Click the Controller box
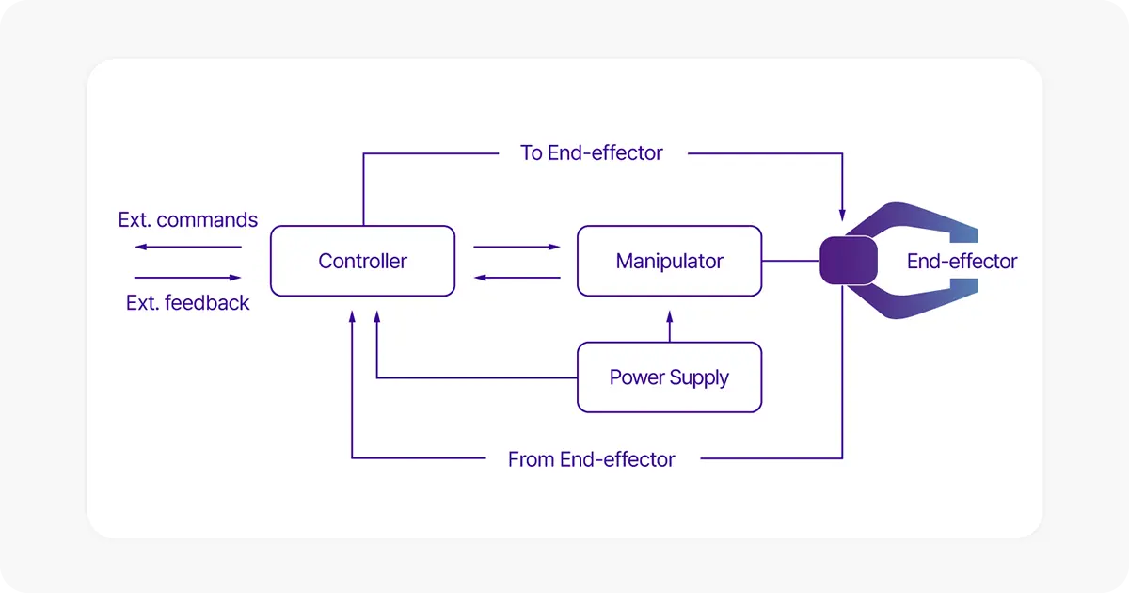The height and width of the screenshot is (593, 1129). click(362, 261)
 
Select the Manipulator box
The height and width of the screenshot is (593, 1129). click(669, 261)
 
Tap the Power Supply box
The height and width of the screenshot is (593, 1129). click(669, 377)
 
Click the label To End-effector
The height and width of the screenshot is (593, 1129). click(591, 152)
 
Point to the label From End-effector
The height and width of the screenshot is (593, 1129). click(591, 459)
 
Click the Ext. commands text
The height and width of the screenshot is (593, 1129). click(187, 220)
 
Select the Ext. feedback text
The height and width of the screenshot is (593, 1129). click(187, 303)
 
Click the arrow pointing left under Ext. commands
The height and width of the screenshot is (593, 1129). click(187, 248)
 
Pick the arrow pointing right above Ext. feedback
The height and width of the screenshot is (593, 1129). click(187, 278)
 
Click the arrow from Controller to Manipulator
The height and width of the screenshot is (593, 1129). click(517, 248)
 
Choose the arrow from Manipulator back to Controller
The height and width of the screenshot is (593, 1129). click(517, 278)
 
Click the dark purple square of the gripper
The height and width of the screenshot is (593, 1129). click(848, 261)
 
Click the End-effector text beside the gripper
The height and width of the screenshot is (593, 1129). click(962, 262)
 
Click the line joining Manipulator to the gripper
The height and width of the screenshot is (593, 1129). click(790, 261)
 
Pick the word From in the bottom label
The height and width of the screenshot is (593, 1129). click(531, 459)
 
